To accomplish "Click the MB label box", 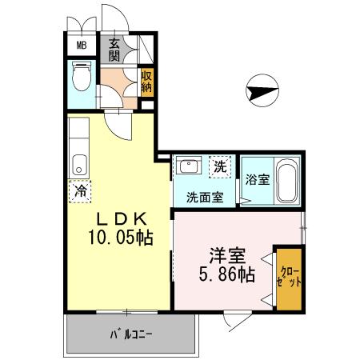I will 81,45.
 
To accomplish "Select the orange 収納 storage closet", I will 146,82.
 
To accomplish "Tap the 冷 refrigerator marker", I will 80,191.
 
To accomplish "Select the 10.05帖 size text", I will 120,238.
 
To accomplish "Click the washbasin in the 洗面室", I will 190,166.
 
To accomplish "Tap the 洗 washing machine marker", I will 220,167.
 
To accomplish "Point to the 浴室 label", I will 258,179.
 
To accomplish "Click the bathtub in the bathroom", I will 288,181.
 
